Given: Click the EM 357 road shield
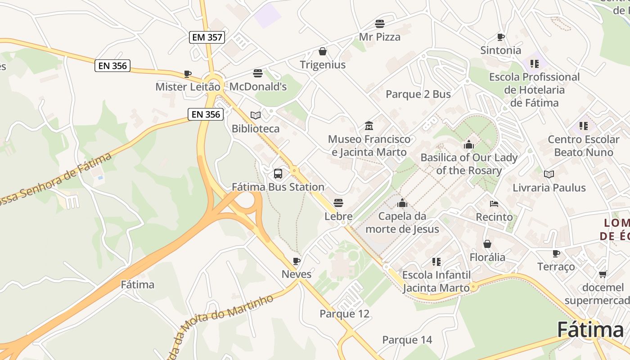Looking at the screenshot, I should (207, 37).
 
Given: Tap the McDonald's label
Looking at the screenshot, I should (258, 86).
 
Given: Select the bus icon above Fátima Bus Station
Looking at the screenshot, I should (278, 174).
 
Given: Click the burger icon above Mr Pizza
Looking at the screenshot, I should (380, 24).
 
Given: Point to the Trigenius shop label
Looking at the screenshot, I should (323, 65).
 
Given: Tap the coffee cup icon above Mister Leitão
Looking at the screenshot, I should (188, 74).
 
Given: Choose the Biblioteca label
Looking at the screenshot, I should (255, 129).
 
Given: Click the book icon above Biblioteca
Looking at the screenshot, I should (256, 116).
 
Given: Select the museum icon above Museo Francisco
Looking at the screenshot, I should (369, 126).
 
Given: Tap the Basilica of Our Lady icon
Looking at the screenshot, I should (469, 145).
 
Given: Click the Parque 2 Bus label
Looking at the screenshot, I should (418, 94).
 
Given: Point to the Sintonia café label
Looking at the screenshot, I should (500, 50).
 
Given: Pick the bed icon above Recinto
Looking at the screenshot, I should (494, 204).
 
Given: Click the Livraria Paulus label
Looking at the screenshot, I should (549, 188).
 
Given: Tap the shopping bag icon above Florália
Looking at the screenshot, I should (487, 244).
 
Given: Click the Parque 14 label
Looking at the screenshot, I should (407, 340).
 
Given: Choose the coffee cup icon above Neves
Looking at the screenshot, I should (296, 261).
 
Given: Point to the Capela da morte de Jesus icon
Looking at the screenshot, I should (402, 203).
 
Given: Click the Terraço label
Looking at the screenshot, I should (556, 267).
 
